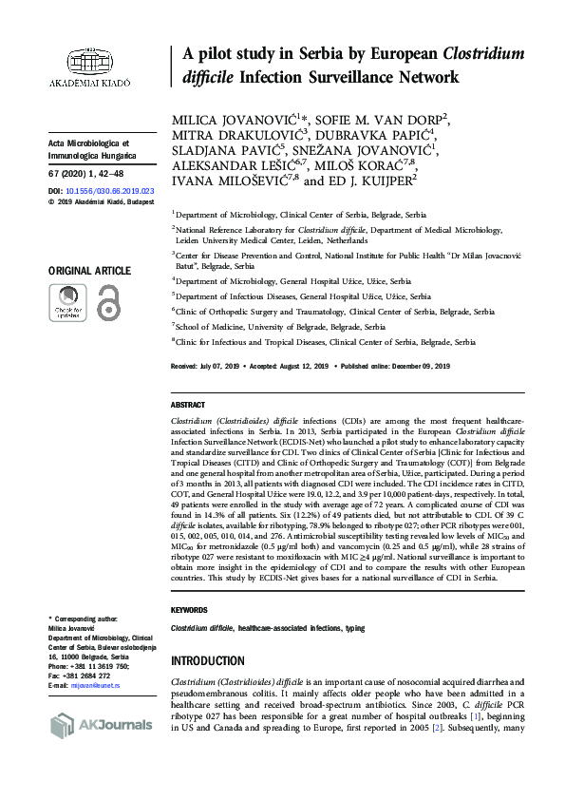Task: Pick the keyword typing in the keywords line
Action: click(355, 629)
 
